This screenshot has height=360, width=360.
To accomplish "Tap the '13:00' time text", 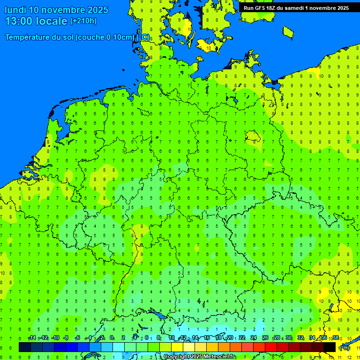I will pos(18,21).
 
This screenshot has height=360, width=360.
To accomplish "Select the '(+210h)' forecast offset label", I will pos(83,21).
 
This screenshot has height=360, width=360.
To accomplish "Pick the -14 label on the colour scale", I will pos(32,338).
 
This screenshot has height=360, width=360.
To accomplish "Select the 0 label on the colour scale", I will pos(112,338).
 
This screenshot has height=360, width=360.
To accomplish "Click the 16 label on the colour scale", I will pos(207,338).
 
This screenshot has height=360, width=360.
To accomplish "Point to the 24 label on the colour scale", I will pos(254,338).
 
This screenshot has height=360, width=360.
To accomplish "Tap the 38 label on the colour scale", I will pos(336,338).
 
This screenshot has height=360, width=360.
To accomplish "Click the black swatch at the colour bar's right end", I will pos(330,347).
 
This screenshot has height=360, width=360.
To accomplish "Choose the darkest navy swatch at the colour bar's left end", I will pos(24,347).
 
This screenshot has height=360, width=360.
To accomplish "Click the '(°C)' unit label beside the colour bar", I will pos(345,347).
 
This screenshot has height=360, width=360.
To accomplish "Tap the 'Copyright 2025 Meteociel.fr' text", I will pos(200,357).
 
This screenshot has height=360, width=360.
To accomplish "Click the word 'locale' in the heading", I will pos(51,21).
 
